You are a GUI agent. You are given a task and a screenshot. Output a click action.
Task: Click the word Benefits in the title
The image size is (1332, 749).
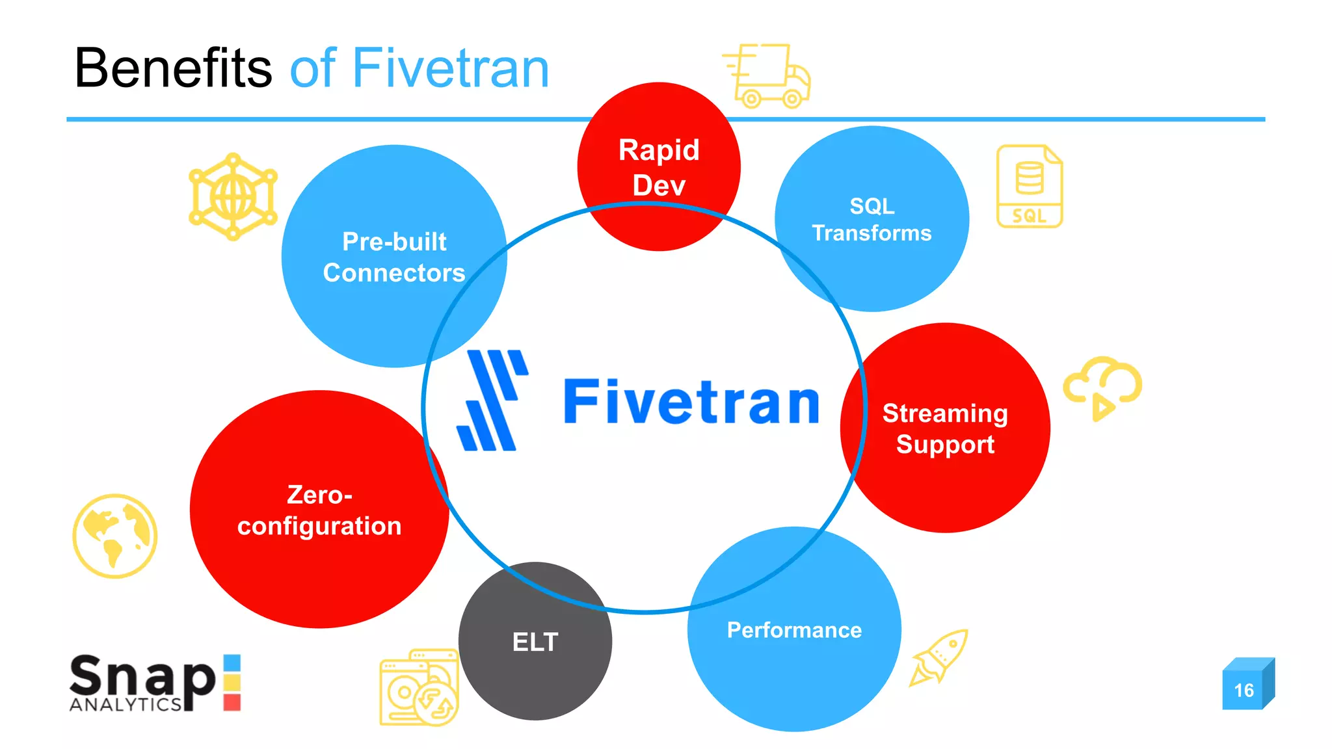173,68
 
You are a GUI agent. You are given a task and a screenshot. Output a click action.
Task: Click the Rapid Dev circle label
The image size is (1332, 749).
659,167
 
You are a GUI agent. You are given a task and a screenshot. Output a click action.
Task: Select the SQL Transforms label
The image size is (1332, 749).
872,219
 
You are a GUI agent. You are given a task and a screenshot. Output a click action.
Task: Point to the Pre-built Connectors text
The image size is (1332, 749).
394,257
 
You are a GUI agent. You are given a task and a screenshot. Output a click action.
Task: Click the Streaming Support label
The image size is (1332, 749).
945,428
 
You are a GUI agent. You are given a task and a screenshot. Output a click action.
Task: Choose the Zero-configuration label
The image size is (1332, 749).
319,510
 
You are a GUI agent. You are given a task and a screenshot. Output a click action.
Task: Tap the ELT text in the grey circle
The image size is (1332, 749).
535,642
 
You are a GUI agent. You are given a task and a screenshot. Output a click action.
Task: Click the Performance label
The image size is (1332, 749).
794,630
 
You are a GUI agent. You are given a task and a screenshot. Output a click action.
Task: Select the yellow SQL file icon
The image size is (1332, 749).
1030,187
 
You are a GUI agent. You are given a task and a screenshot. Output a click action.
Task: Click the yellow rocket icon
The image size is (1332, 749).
939,657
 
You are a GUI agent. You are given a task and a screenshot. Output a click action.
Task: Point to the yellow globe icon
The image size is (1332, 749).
115,536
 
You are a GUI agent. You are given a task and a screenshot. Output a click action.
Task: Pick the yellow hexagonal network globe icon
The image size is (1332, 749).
233,196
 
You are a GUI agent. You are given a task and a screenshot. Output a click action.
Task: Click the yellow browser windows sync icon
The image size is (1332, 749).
420,688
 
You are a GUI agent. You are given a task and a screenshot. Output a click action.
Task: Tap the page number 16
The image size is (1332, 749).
1244,690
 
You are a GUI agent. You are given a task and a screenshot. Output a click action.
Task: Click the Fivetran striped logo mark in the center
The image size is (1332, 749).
492,401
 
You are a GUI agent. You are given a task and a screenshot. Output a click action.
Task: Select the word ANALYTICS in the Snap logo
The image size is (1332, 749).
125,705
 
